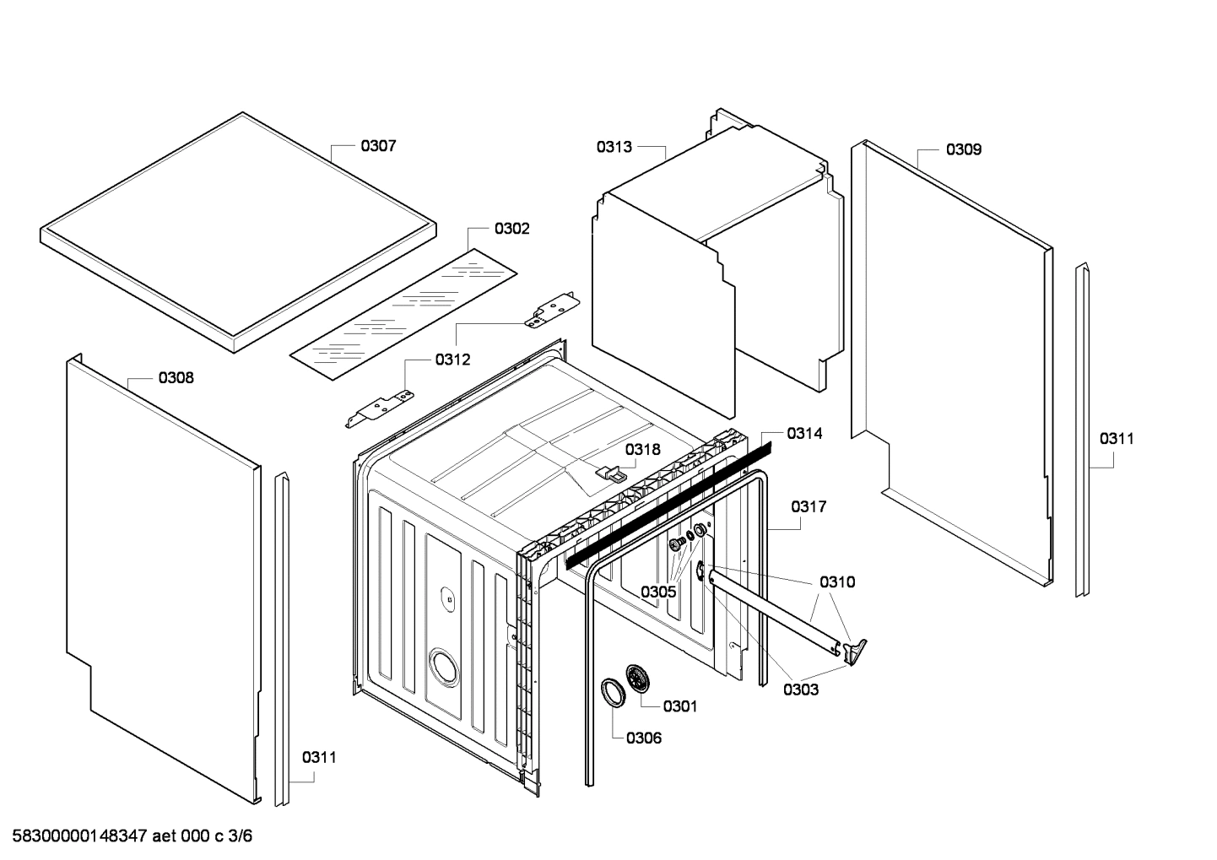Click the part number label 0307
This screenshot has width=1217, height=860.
pos(378,146)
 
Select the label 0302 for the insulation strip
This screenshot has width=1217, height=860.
pos(511,229)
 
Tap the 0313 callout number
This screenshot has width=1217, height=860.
pos(614,147)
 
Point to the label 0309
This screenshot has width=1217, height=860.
pos(963,149)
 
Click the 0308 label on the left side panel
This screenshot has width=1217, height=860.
pos(176,378)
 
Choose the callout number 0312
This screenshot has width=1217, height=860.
pos(452,360)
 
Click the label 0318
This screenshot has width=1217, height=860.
pos(643,449)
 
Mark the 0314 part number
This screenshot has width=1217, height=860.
pos(804,433)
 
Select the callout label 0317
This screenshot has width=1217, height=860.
pos(809,507)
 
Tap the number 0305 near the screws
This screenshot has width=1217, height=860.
pos(657,592)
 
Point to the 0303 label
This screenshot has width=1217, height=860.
pos(800,690)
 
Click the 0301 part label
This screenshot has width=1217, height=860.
pos(679,706)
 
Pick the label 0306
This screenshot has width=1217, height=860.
pos(644,738)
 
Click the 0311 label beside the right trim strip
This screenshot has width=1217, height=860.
pos(1116,439)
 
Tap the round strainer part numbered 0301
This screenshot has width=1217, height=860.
pos(639,679)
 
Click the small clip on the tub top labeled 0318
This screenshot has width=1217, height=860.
pos(612,473)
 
